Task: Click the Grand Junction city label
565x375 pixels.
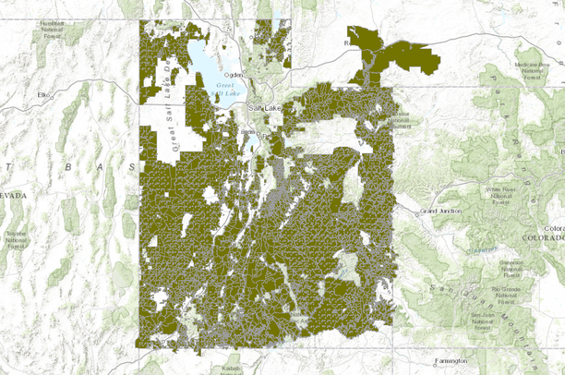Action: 440,212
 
